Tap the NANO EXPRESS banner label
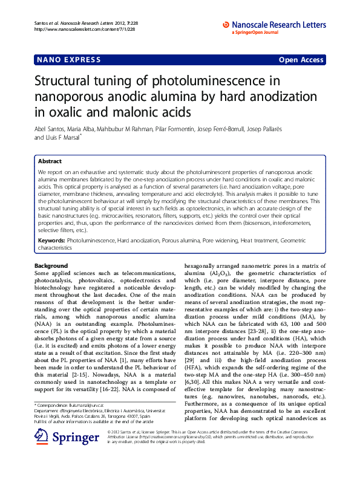pyautogui.click(x=61, y=60)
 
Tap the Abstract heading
pyautogui.click(x=50, y=161)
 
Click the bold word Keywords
pyautogui.click(x=51, y=240)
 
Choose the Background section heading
pyautogui.click(x=51, y=266)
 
